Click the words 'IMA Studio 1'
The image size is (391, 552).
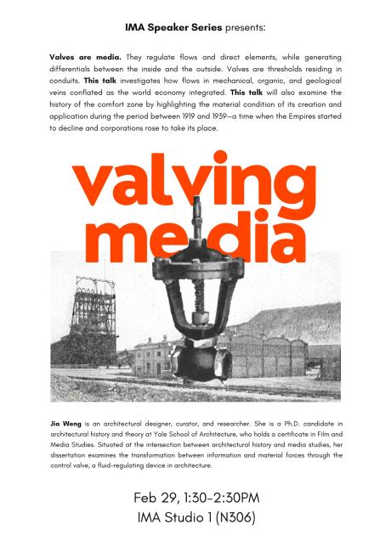[174, 516]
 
